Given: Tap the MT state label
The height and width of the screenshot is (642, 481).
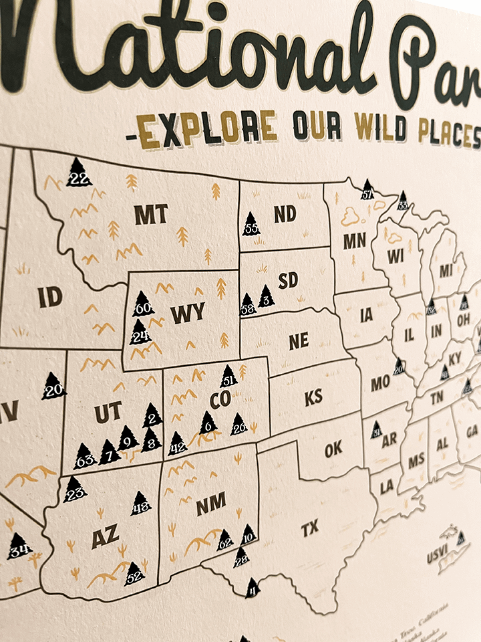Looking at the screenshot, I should (x=150, y=215).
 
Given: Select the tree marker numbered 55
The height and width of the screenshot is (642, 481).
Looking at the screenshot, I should (x=251, y=225).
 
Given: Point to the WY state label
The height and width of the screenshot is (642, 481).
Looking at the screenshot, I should (x=188, y=312).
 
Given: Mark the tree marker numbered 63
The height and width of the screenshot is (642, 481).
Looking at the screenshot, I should (x=85, y=457).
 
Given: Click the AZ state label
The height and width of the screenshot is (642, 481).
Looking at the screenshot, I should (x=106, y=535).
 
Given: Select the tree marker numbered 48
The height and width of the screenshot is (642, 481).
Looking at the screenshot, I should (x=140, y=504).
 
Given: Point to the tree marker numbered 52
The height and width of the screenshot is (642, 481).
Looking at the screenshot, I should (x=134, y=574).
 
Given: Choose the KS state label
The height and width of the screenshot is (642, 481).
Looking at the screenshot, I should (x=313, y=397).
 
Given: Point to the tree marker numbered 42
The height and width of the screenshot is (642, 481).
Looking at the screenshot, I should (x=177, y=443).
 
